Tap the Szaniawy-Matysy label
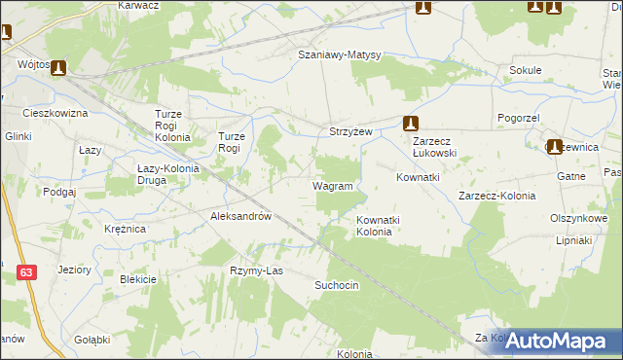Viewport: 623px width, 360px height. tap(339, 55)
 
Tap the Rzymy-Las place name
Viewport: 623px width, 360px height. tap(256, 270)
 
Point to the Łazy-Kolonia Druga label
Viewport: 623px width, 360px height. tap(165, 173)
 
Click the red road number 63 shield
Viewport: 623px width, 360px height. tap(26, 275)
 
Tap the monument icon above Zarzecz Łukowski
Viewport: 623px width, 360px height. tap(411, 124)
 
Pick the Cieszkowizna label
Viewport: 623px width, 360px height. tap(55, 114)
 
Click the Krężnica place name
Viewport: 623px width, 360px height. tap(125, 228)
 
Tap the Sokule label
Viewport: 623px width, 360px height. tap(525, 71)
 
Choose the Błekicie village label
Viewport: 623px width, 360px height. tap(138, 279)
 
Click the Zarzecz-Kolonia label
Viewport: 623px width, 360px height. tap(496, 196)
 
